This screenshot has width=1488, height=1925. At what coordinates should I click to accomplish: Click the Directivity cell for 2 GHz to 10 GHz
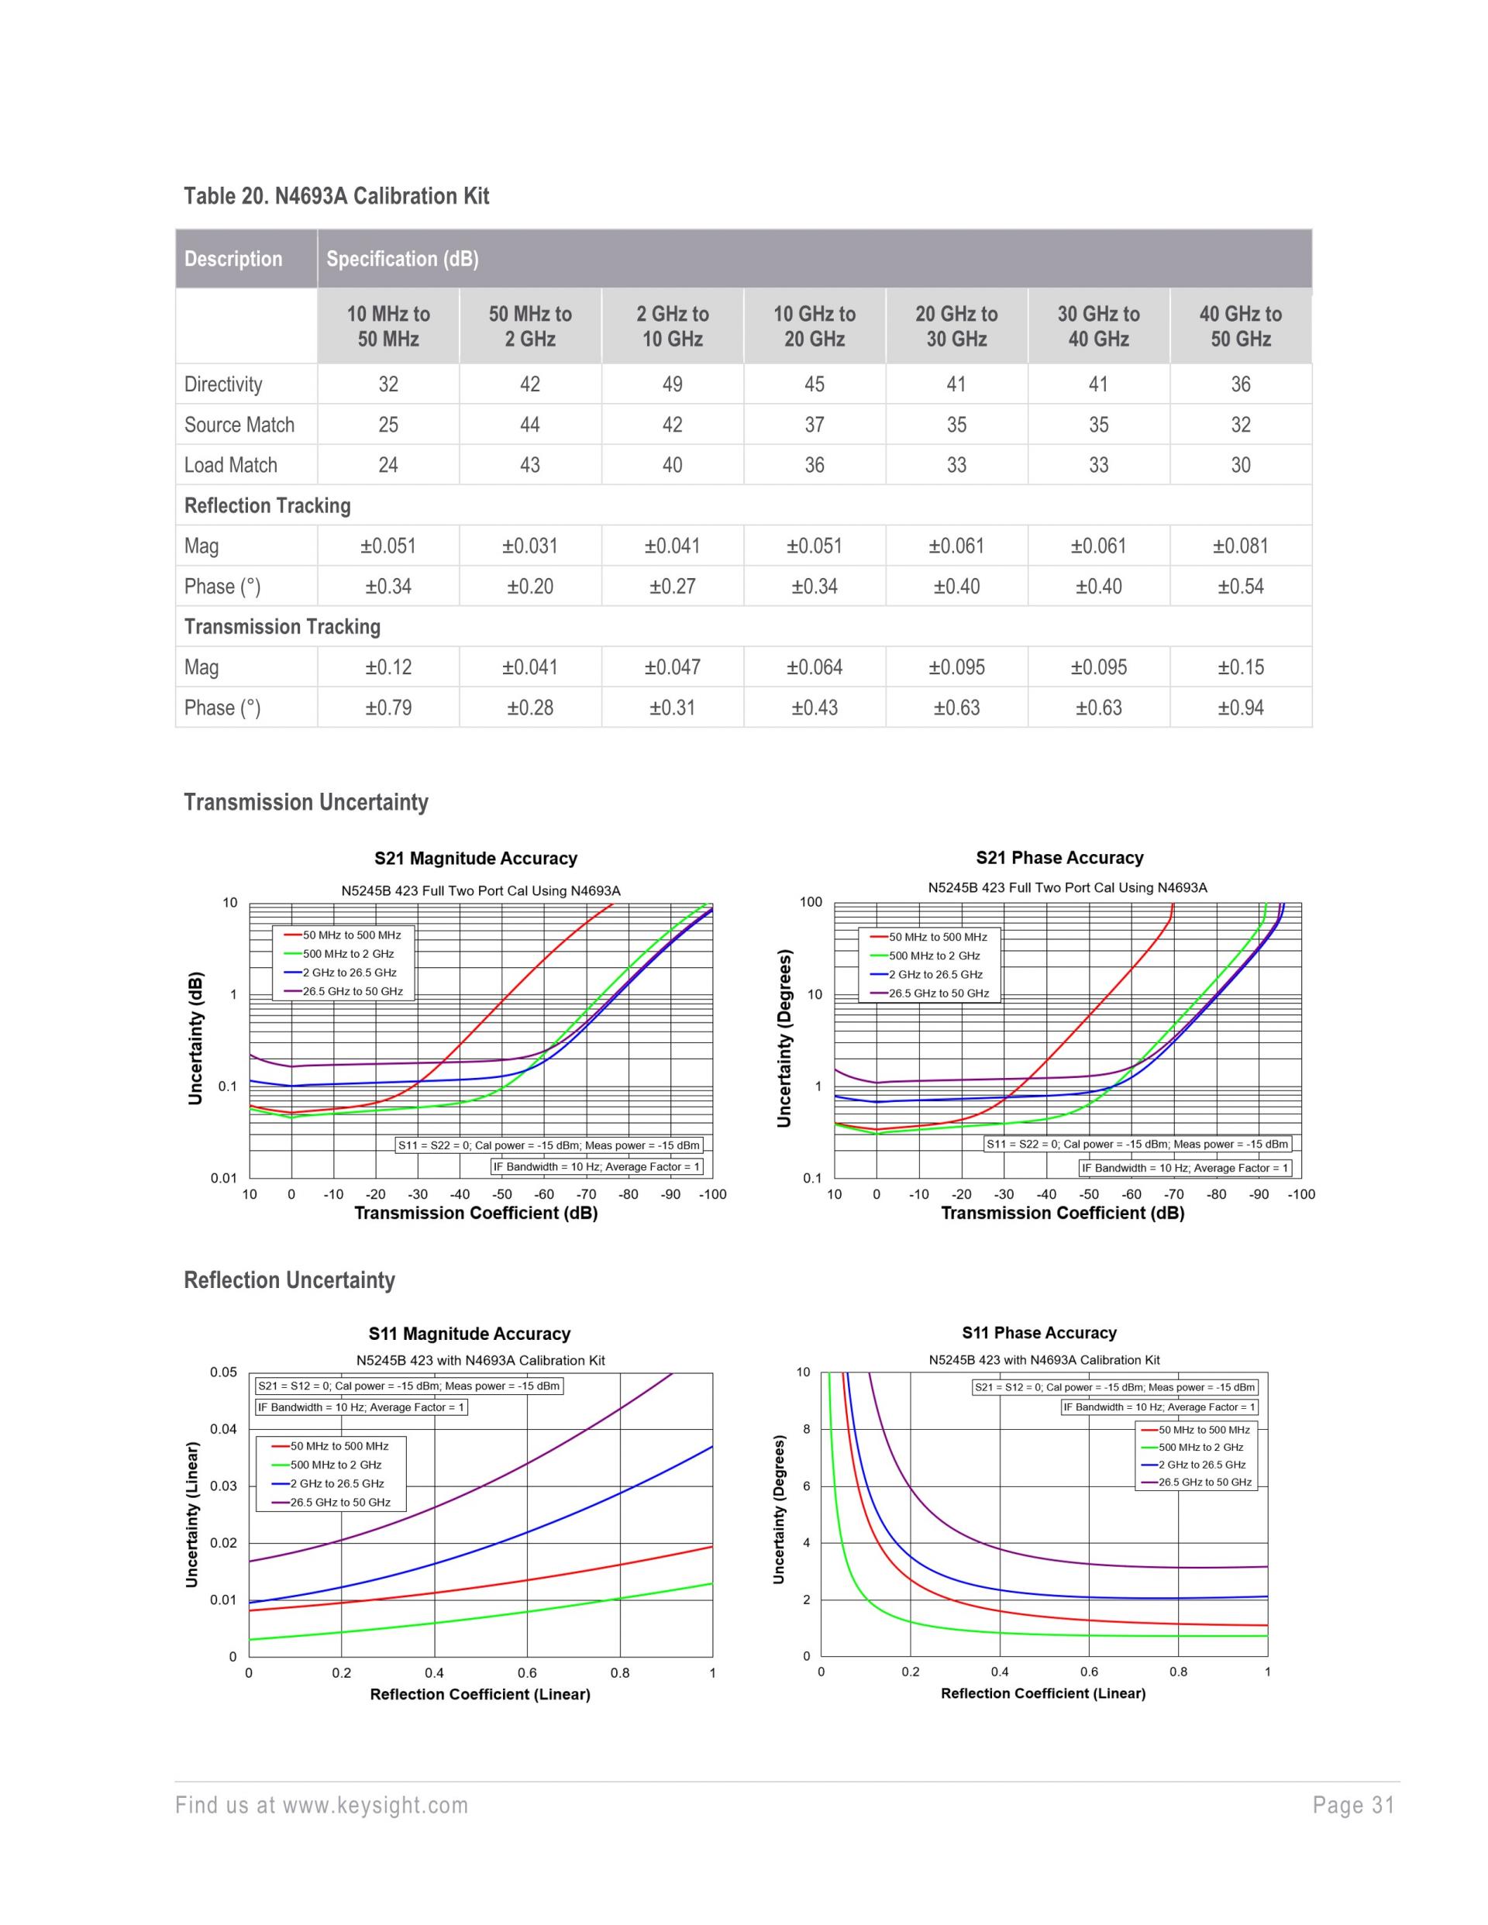(672, 384)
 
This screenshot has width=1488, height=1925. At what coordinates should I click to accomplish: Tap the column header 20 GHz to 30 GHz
(956, 326)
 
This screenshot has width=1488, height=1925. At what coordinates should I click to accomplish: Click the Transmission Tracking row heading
(282, 627)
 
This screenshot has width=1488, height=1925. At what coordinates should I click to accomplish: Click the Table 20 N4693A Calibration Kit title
(336, 195)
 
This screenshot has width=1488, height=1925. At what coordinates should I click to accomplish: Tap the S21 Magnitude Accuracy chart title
(475, 859)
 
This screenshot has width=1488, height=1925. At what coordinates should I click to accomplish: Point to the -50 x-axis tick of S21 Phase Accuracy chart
(1089, 1194)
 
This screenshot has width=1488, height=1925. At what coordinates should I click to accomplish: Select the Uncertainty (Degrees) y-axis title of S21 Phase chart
(784, 1038)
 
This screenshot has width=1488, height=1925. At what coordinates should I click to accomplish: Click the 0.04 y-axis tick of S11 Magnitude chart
(223, 1429)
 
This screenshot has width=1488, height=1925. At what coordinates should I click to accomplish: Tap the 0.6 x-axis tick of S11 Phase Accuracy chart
(1089, 1671)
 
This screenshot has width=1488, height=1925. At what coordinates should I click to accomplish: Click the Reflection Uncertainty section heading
(289, 1279)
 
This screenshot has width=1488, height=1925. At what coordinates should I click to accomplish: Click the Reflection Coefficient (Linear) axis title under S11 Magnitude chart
(480, 1694)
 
